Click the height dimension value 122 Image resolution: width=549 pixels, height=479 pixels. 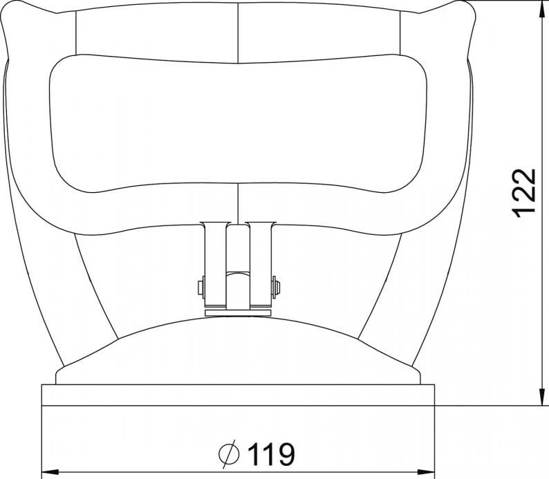click(524, 193)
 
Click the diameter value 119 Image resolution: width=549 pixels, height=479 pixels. click(271, 454)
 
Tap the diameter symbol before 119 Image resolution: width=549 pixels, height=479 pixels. click(229, 454)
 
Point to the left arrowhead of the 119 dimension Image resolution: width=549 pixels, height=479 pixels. click(49, 471)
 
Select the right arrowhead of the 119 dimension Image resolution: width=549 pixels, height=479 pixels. click(427, 471)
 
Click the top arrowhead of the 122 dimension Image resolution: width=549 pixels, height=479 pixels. click(542, 8)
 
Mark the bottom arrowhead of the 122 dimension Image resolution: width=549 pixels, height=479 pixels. click(542, 398)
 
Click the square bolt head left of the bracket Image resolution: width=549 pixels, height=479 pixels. click(201, 288)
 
